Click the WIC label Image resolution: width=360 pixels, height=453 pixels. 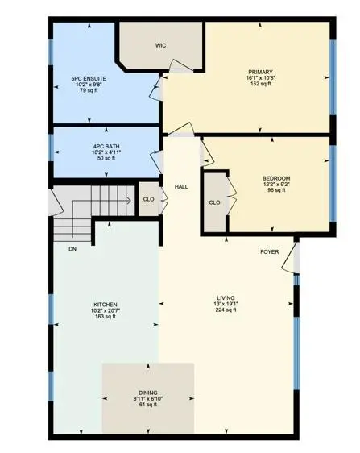click(x=159, y=45)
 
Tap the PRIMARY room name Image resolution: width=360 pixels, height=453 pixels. click(x=261, y=72)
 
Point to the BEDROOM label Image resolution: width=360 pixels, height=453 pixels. click(x=276, y=177)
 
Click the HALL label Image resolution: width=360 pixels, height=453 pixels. click(x=181, y=186)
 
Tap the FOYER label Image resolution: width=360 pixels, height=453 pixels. click(x=269, y=251)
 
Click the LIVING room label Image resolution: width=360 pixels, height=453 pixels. click(x=225, y=297)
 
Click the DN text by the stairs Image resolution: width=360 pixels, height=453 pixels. click(x=72, y=249)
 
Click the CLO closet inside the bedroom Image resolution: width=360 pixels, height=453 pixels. click(x=214, y=202)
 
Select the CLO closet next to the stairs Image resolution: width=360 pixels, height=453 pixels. click(x=148, y=198)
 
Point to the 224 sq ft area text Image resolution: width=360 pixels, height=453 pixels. click(x=225, y=310)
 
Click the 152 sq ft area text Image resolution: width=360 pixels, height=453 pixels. click(x=261, y=85)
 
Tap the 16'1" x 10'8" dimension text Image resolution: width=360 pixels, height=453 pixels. click(x=261, y=79)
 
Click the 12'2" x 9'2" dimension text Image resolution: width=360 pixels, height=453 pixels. click(x=276, y=185)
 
